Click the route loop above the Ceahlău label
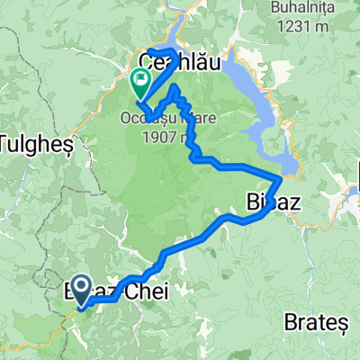[x=166, y=49]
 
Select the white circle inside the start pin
[x=79, y=287]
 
